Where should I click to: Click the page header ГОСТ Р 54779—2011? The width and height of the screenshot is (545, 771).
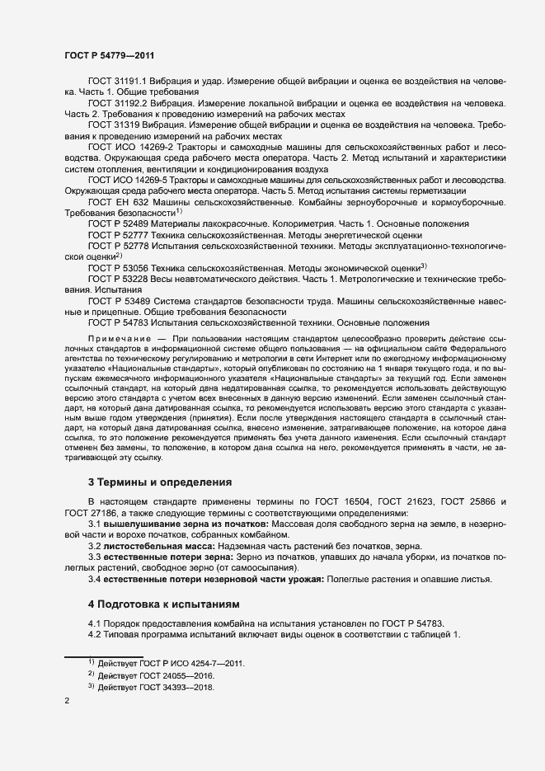tap(106, 54)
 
